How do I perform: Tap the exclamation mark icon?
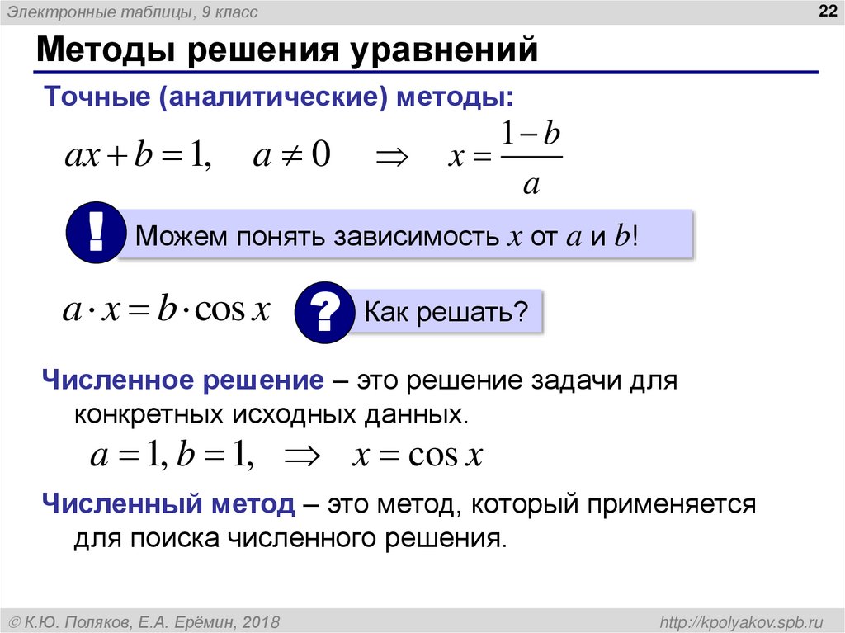coord(96,234)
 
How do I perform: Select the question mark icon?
coord(324,313)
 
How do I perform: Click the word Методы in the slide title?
coord(108,50)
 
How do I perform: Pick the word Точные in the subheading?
coord(97,97)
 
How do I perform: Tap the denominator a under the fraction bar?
coord(531,183)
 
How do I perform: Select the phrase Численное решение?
coord(183,382)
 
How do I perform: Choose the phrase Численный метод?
coord(169,503)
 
